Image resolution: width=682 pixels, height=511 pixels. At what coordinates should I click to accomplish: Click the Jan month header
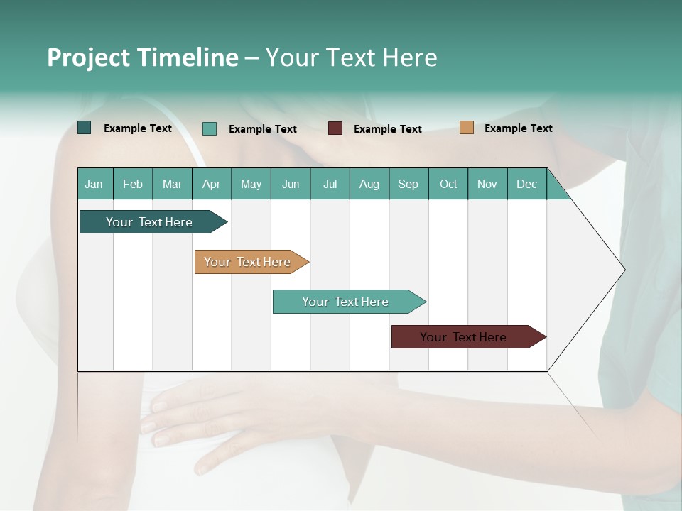(94, 184)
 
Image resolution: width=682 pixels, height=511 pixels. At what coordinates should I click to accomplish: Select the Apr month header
(211, 184)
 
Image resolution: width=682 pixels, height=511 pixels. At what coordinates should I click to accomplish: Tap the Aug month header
(369, 184)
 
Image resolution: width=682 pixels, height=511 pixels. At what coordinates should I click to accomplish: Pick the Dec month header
(526, 184)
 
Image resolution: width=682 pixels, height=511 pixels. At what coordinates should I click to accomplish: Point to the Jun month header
(290, 184)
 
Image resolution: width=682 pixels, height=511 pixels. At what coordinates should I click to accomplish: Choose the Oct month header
(448, 184)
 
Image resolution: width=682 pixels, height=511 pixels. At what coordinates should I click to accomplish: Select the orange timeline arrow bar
(249, 262)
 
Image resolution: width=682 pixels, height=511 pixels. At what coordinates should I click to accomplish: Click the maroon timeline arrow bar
(465, 337)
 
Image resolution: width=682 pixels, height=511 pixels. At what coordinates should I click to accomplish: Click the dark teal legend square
(85, 128)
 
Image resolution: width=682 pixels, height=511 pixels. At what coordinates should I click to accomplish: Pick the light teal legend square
(210, 128)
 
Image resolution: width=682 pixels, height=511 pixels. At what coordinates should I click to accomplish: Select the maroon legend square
(335, 128)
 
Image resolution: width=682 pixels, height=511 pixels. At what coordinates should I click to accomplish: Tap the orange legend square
(467, 128)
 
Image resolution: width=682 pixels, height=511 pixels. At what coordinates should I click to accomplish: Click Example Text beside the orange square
(518, 128)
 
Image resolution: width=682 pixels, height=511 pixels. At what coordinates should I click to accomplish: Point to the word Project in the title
(88, 57)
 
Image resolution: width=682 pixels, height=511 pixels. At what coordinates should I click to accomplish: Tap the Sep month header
(408, 184)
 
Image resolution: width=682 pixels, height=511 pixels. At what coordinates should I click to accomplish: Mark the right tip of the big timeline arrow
(624, 270)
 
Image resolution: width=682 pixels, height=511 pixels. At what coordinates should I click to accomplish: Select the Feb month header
(133, 184)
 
